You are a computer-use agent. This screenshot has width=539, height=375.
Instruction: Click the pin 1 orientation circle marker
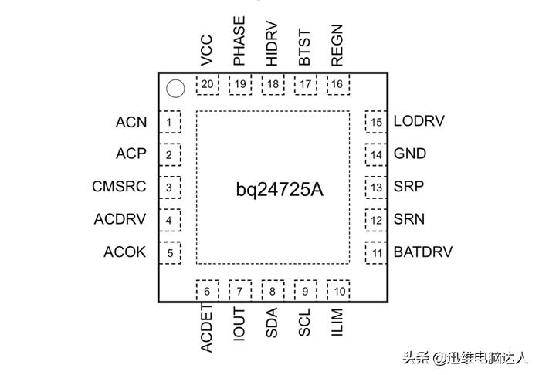click(x=175, y=90)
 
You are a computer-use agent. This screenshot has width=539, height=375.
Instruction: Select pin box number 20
click(x=207, y=84)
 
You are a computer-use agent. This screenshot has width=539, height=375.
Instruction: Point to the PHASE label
click(x=239, y=42)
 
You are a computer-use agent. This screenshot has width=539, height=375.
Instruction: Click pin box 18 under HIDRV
click(x=273, y=84)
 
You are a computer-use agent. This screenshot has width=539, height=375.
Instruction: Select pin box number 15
click(x=376, y=122)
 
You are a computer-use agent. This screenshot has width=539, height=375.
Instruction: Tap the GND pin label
click(x=409, y=154)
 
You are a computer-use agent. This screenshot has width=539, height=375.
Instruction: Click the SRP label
click(x=408, y=187)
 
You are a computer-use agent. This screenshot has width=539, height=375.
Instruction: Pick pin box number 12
click(x=376, y=220)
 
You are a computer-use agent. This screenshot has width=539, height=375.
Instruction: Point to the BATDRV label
click(x=422, y=252)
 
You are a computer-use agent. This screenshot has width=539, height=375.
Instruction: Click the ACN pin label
click(x=131, y=122)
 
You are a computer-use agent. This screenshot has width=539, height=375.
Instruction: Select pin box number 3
click(x=168, y=187)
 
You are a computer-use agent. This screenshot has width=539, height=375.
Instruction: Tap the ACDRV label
click(x=120, y=219)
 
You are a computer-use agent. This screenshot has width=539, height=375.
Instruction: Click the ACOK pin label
click(x=125, y=252)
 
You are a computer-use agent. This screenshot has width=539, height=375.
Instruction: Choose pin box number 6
click(x=207, y=291)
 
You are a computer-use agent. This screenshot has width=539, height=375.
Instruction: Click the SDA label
click(x=272, y=323)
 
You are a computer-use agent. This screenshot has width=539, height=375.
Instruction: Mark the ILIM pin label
click(x=337, y=321)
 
